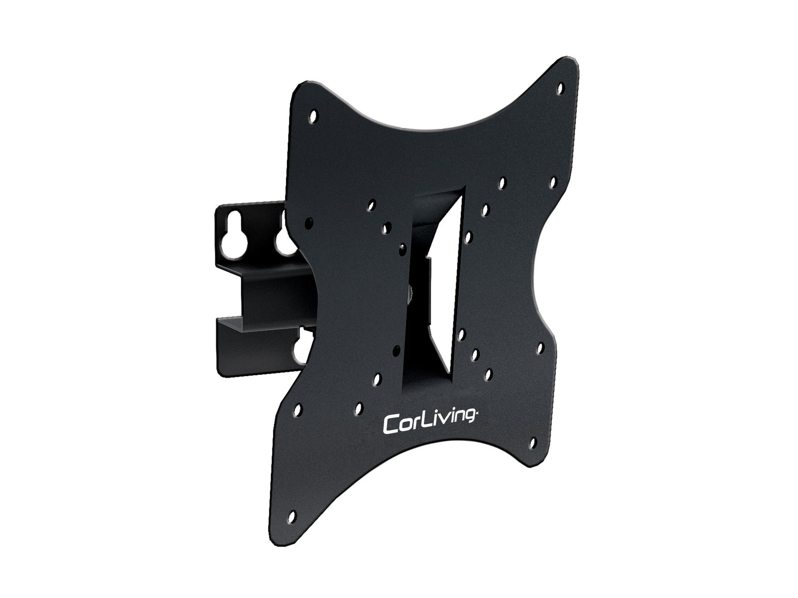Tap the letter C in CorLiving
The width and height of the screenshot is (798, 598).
coord(391,424)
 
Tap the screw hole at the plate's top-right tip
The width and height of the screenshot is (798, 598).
coord(561,89)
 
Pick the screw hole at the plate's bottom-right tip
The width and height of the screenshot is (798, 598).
coord(532,443)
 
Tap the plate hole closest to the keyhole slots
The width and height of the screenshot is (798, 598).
coord(309,222)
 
